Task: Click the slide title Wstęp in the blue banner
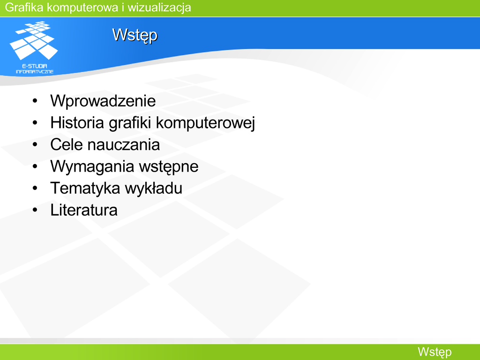click(x=135, y=36)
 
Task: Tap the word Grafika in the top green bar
click(x=24, y=7)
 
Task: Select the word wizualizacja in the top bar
click(x=159, y=7)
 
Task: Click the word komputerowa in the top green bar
click(x=82, y=7)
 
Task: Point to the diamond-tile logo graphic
click(x=34, y=40)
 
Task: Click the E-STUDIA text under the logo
click(x=35, y=66)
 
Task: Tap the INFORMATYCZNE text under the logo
click(x=35, y=72)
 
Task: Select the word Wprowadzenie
click(x=103, y=101)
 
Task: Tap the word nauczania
click(x=124, y=144)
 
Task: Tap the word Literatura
click(x=84, y=210)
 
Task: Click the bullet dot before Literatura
click(x=35, y=210)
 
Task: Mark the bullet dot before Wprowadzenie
click(x=35, y=101)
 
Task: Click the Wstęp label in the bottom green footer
click(x=435, y=352)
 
